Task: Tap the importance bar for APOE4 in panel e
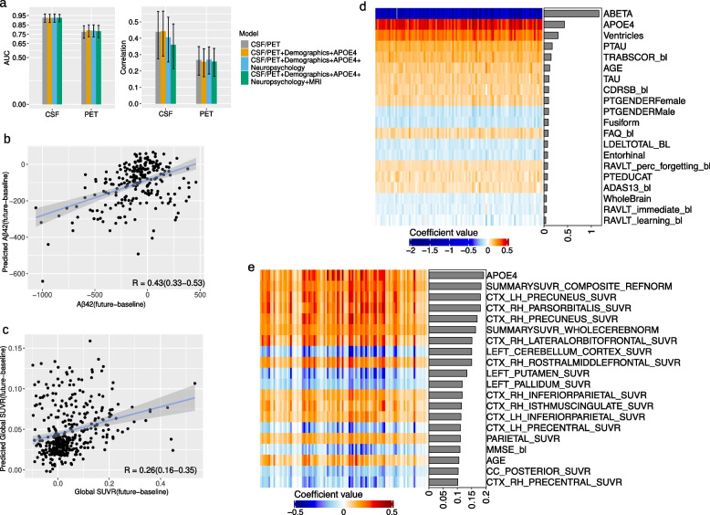pyautogui.click(x=455, y=274)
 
